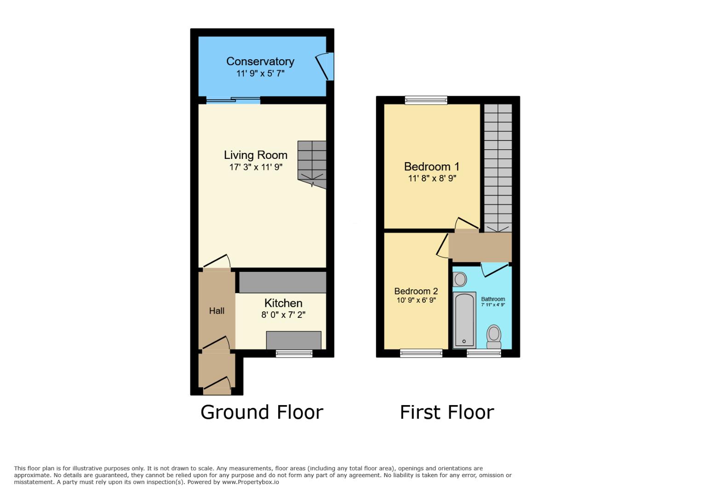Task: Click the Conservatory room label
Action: pyautogui.click(x=260, y=62)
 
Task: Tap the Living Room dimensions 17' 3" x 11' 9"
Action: pyautogui.click(x=256, y=167)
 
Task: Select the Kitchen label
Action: pyautogui.click(x=283, y=303)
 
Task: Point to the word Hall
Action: pyautogui.click(x=217, y=311)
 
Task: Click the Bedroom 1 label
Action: pyautogui.click(x=431, y=166)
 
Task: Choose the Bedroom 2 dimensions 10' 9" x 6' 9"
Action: pyautogui.click(x=416, y=300)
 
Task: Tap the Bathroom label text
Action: pyautogui.click(x=493, y=299)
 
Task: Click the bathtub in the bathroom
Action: pyautogui.click(x=464, y=321)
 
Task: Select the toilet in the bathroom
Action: pyautogui.click(x=494, y=337)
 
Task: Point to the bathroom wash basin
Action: pyautogui.click(x=459, y=279)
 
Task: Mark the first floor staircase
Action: pyautogui.click(x=498, y=168)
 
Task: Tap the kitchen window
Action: pyautogui.click(x=294, y=353)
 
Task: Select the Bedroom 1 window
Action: pyautogui.click(x=426, y=100)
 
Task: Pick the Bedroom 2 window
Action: pyautogui.click(x=421, y=353)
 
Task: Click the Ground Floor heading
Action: pyautogui.click(x=262, y=412)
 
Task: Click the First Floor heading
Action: pyautogui.click(x=447, y=412)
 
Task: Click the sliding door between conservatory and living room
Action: pyautogui.click(x=233, y=100)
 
